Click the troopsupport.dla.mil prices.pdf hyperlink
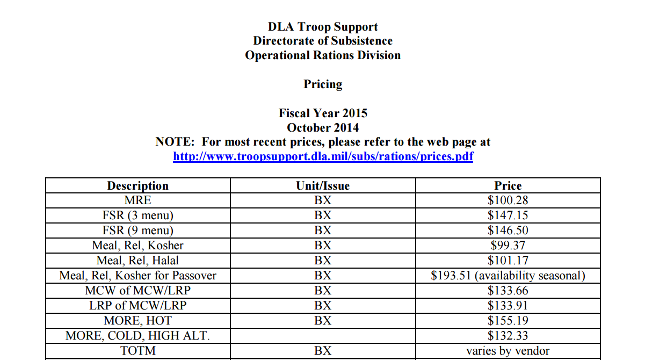(x=323, y=156)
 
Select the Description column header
(x=137, y=186)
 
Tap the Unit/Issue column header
(x=323, y=186)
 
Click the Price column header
(x=508, y=186)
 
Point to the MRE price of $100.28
(x=508, y=200)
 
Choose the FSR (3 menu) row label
(x=137, y=215)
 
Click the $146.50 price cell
(x=508, y=231)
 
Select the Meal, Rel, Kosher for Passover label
(x=137, y=276)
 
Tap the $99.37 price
(x=508, y=246)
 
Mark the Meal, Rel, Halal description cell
(x=137, y=261)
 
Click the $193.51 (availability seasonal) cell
(x=508, y=276)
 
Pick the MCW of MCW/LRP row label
(x=137, y=291)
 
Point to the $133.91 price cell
(x=508, y=306)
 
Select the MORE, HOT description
(x=137, y=321)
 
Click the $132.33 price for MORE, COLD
(x=508, y=336)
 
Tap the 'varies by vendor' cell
(x=508, y=351)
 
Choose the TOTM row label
(x=137, y=351)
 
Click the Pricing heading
(x=323, y=84)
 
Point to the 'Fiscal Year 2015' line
(x=323, y=113)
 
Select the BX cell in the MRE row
(x=323, y=200)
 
